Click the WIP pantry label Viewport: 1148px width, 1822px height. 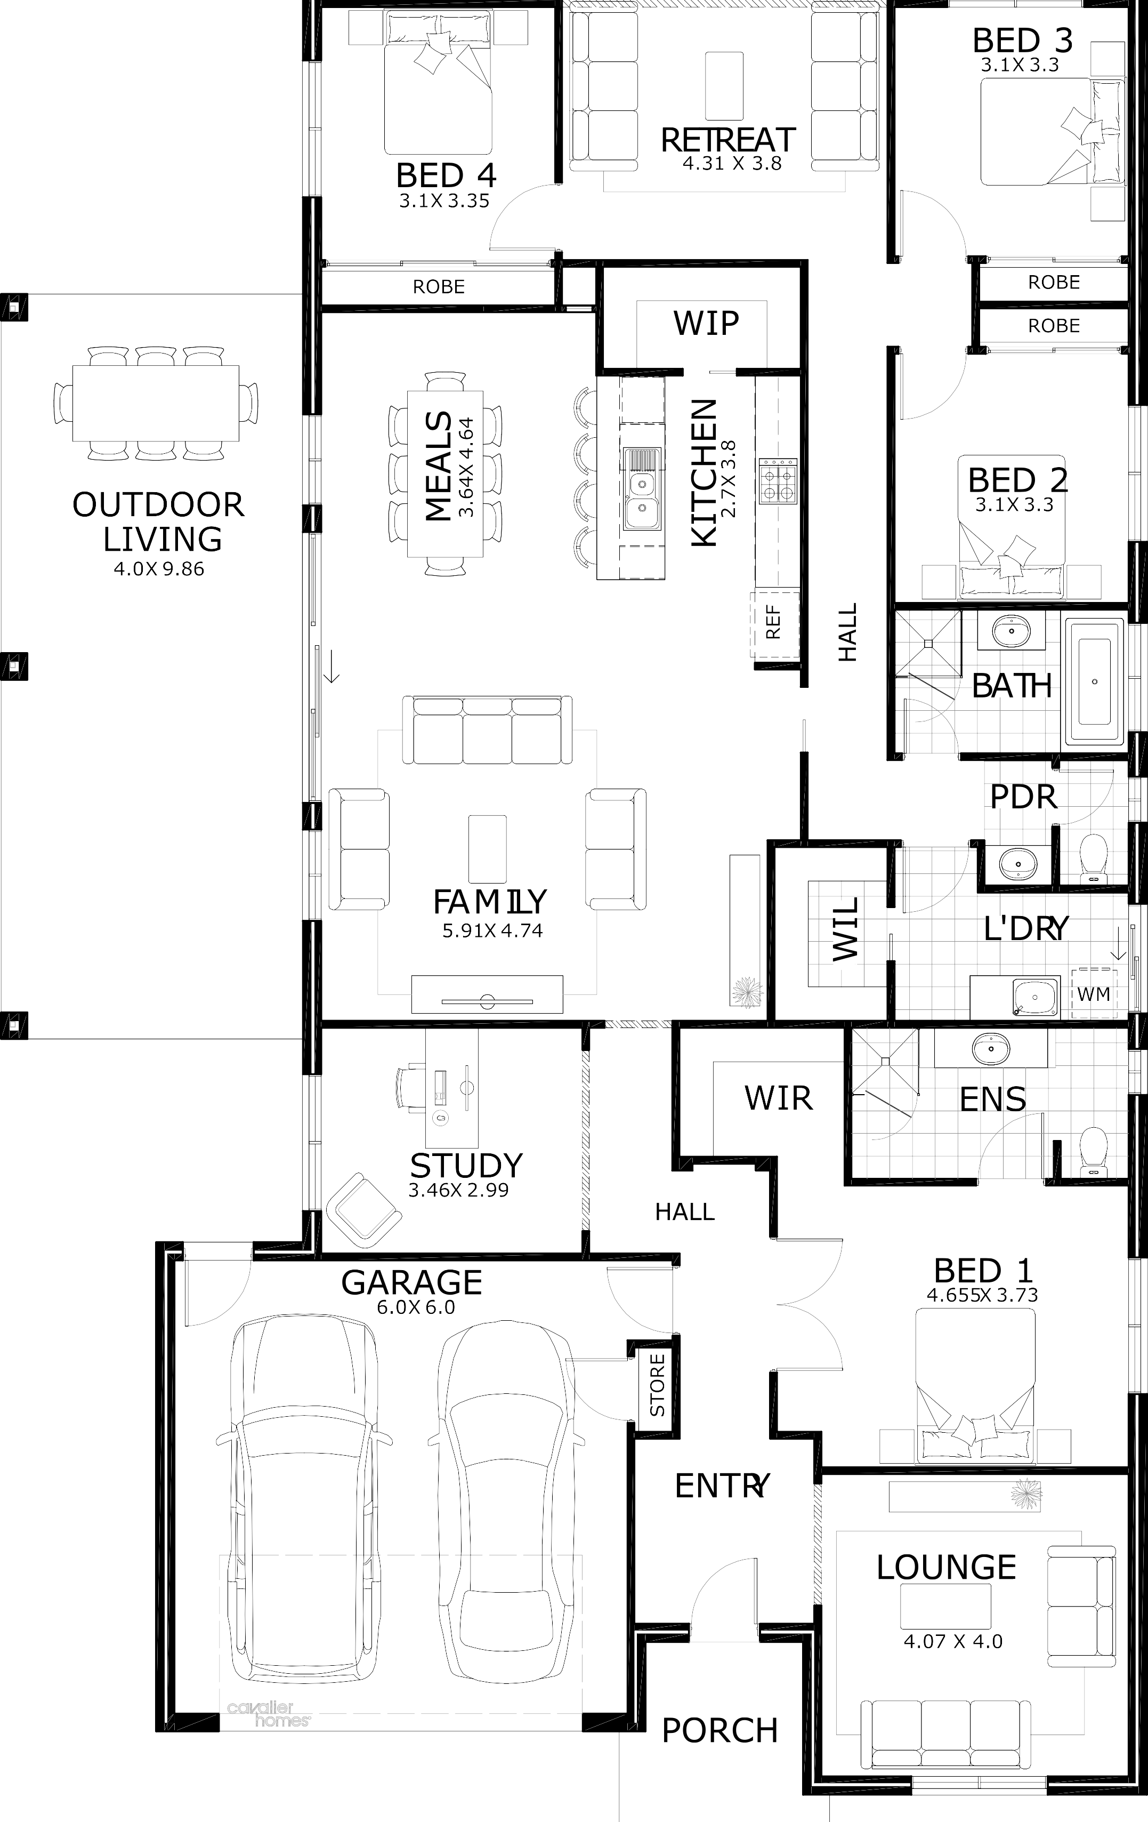tap(706, 323)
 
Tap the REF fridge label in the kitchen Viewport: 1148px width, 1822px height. tap(773, 623)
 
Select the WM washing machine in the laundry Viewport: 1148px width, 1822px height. tap(1094, 993)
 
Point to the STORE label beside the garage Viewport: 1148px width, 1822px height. tap(657, 1385)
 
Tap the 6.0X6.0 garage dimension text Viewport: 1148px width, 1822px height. tap(416, 1307)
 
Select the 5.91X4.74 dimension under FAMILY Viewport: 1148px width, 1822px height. tap(492, 930)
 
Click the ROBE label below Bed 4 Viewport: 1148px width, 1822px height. tap(439, 287)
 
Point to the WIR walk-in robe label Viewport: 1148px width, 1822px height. tap(778, 1098)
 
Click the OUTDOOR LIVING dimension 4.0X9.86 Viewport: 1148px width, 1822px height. tap(159, 569)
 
